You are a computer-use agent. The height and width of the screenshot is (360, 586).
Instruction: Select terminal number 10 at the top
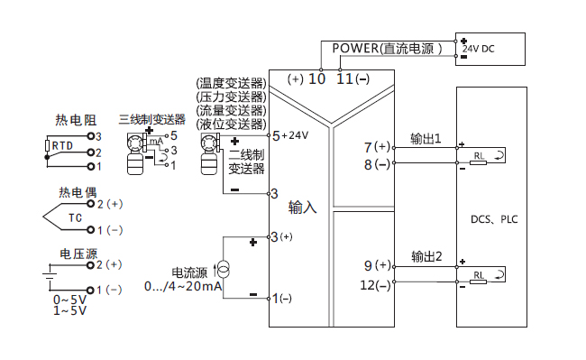(x=316, y=78)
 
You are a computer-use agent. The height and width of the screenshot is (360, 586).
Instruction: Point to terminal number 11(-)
(x=353, y=78)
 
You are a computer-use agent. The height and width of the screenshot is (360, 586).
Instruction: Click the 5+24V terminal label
(x=290, y=135)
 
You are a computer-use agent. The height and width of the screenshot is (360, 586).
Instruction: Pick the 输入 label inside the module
(x=302, y=208)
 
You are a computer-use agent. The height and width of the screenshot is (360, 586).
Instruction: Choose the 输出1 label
(x=426, y=139)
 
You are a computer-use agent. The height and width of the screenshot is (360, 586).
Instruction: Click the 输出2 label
(x=426, y=256)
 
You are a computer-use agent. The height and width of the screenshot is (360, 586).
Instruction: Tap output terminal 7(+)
(x=378, y=146)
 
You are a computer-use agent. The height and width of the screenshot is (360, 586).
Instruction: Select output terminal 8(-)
(x=378, y=164)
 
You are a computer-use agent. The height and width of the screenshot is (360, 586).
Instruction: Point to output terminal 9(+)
(x=378, y=265)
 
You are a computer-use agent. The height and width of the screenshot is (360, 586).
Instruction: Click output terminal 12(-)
(x=376, y=285)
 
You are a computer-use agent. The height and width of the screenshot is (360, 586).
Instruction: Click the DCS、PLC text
(x=494, y=218)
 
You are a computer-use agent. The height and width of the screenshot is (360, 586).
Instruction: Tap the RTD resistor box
(x=61, y=144)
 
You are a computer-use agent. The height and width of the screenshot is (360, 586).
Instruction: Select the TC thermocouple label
(x=76, y=217)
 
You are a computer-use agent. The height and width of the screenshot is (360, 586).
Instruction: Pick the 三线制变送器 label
(x=151, y=119)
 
